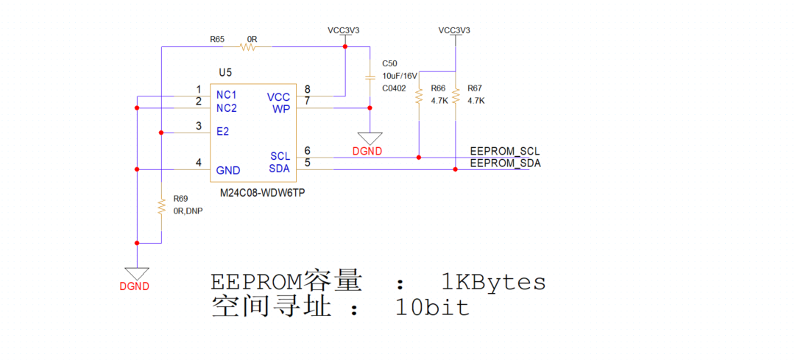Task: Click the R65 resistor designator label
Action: pyautogui.click(x=217, y=39)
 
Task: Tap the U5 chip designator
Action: pyautogui.click(x=225, y=72)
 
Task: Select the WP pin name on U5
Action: pyautogui.click(x=281, y=110)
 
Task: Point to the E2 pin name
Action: pyautogui.click(x=222, y=133)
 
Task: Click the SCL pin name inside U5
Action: pyautogui.click(x=280, y=156)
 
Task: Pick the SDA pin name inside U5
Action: pyautogui.click(x=280, y=169)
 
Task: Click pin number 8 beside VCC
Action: pyautogui.click(x=307, y=90)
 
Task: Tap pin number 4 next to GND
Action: pyautogui.click(x=198, y=163)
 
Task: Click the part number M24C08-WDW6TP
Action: pyautogui.click(x=263, y=192)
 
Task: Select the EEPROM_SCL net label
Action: pyautogui.click(x=505, y=152)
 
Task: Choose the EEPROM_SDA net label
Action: pyautogui.click(x=505, y=163)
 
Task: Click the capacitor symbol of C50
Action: pyautogui.click(x=370, y=77)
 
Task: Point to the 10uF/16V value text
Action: pyautogui.click(x=400, y=76)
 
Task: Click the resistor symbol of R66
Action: pyautogui.click(x=418, y=96)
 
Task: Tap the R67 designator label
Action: pyautogui.click(x=475, y=88)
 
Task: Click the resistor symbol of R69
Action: pyautogui.click(x=160, y=207)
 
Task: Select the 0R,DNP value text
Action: pyautogui.click(x=188, y=211)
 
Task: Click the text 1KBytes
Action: pyautogui.click(x=493, y=282)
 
